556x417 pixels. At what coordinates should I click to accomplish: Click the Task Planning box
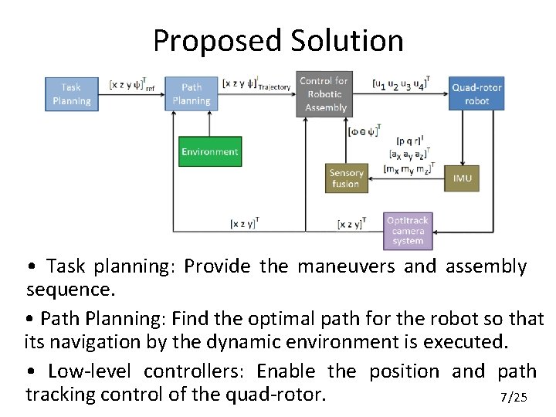point(71,93)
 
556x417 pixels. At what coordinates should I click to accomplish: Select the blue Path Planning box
point(191,93)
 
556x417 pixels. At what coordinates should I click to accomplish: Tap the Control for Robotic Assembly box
point(324,93)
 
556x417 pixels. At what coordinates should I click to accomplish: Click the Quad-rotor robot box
point(476,93)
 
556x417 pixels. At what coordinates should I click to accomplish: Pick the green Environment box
point(210,151)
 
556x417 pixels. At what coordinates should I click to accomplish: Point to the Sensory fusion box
point(345,178)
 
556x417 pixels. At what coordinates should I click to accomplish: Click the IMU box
point(462,178)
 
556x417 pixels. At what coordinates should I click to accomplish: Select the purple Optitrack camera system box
point(408,230)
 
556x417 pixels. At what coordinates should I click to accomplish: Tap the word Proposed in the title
point(216,40)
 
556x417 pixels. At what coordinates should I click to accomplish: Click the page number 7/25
point(514,398)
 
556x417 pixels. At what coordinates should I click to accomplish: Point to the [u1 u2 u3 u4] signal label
point(401,83)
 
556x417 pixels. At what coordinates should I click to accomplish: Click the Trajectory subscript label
point(274,87)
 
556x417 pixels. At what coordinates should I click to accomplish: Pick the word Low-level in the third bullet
point(89,371)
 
